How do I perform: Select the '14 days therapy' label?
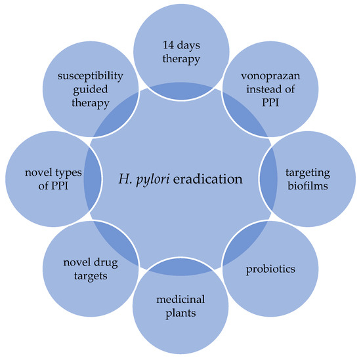[180, 53]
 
